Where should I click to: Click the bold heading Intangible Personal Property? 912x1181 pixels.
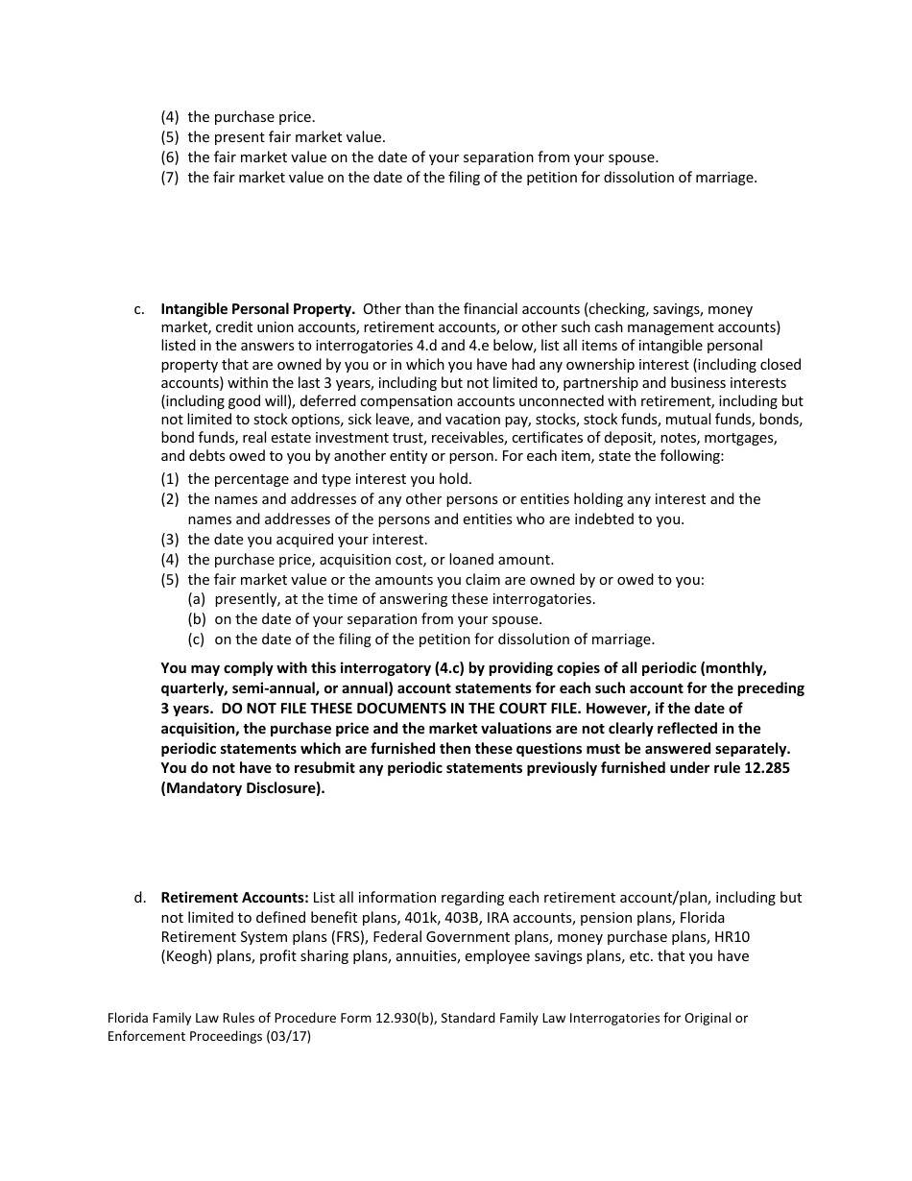tap(258, 309)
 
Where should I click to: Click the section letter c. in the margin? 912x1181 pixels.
tap(140, 309)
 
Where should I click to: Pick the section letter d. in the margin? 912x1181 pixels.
tap(140, 898)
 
